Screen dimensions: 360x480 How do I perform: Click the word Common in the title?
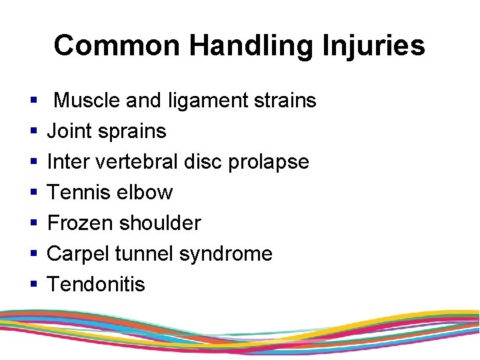tap(117, 46)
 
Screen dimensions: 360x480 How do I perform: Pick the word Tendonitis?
tap(96, 285)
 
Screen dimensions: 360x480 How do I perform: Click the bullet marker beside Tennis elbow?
tap(33, 193)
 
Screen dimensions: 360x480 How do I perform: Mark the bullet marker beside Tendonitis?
tap(33, 285)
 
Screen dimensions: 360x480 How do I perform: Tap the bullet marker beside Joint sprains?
tap(33, 132)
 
